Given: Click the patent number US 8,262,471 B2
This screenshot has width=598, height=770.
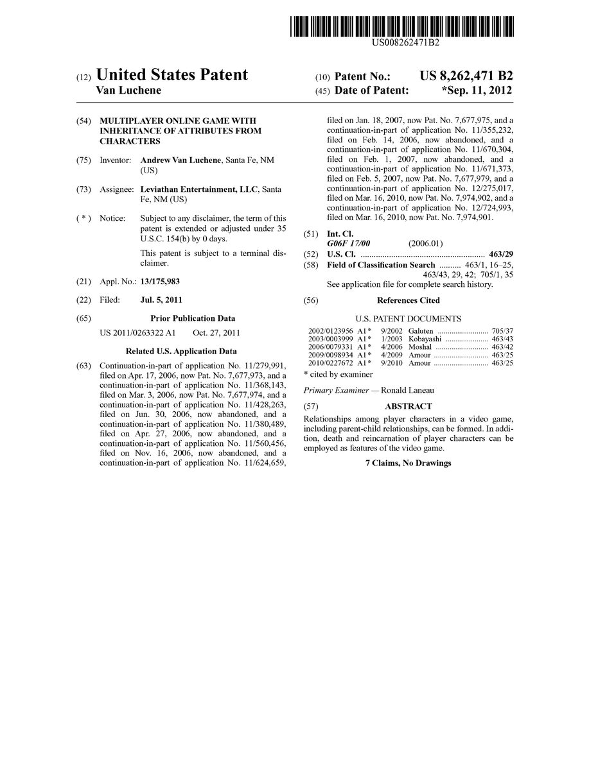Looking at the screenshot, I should click(466, 76).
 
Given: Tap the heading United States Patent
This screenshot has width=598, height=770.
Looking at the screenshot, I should click(171, 75).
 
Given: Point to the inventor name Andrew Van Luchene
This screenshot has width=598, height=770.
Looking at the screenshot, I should click(181, 160).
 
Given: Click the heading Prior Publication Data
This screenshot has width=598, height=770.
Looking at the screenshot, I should click(193, 318).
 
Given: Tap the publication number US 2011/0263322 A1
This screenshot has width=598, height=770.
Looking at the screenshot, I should click(137, 332).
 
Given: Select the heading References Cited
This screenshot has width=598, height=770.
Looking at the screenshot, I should click(408, 300).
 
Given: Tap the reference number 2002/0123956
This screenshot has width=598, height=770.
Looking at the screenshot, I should click(330, 331).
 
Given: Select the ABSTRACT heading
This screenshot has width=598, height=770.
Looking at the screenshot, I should click(408, 406).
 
